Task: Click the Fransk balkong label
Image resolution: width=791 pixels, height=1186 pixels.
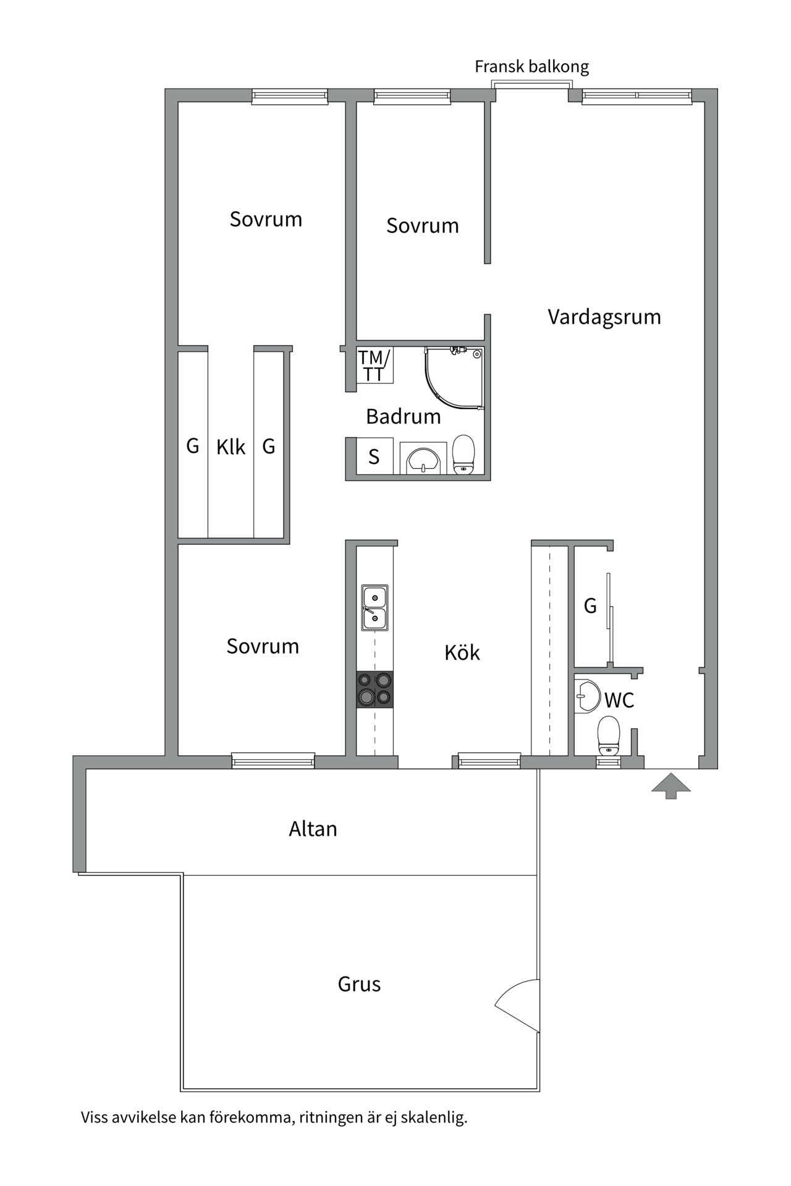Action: (531, 67)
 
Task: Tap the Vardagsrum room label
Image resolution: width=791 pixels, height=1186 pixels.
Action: (604, 317)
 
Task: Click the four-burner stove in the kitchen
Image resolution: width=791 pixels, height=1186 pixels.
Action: (375, 689)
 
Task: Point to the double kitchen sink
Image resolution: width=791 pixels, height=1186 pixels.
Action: (375, 608)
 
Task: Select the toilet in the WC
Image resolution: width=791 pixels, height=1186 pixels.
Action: (609, 735)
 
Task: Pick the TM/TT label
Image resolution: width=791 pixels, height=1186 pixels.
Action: (374, 366)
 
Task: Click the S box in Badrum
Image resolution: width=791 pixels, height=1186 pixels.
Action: (374, 456)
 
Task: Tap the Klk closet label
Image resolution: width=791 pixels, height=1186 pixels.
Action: (231, 447)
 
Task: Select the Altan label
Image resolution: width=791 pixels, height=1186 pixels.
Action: (313, 829)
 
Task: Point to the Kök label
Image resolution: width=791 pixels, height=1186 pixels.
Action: (462, 653)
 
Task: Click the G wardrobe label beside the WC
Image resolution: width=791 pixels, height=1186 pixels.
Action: (590, 606)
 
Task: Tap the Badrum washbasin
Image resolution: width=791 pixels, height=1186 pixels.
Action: (423, 459)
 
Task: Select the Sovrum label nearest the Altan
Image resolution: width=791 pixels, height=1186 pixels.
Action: (263, 646)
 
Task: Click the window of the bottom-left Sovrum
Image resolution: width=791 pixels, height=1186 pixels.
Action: (273, 760)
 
